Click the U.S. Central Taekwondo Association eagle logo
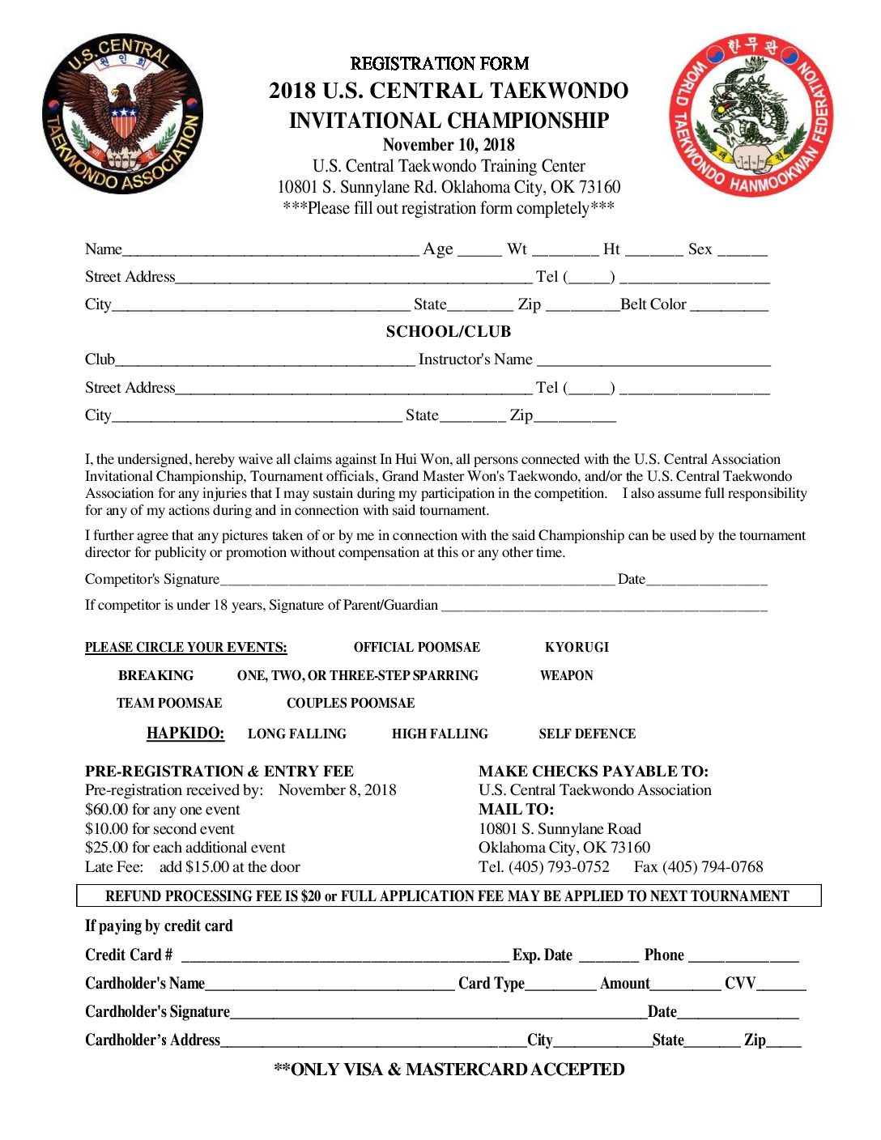(122, 114)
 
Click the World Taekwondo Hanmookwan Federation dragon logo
(751, 114)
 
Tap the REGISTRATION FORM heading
(440, 63)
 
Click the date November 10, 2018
(449, 145)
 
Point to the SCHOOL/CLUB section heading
(449, 331)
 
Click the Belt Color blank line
(729, 306)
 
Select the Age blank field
(479, 251)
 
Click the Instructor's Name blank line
(653, 361)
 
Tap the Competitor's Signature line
(417, 581)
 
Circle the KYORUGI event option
(577, 647)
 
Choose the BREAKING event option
(155, 675)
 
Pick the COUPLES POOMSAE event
(351, 703)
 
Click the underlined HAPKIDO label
(185, 733)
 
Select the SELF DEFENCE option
(587, 734)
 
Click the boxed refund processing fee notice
(448, 895)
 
